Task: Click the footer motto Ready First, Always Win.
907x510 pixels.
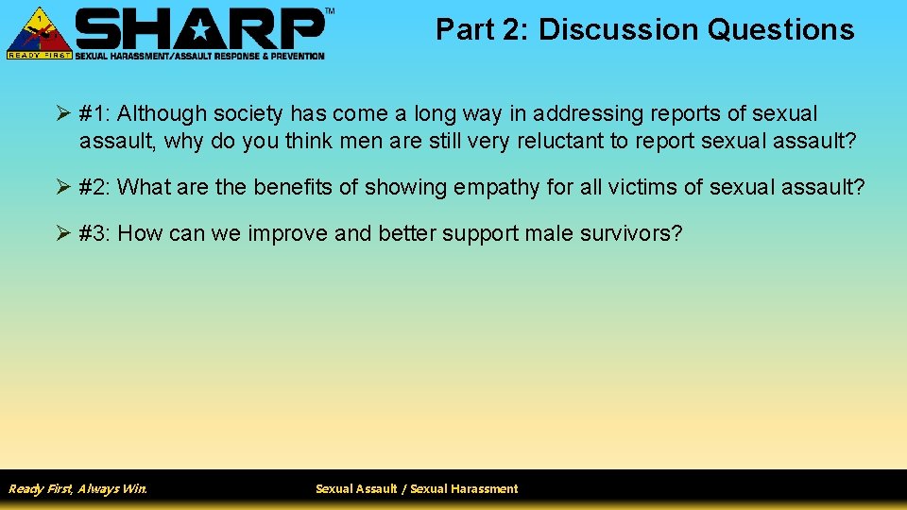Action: [77, 488]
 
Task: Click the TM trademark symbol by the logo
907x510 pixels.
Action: [329, 10]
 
